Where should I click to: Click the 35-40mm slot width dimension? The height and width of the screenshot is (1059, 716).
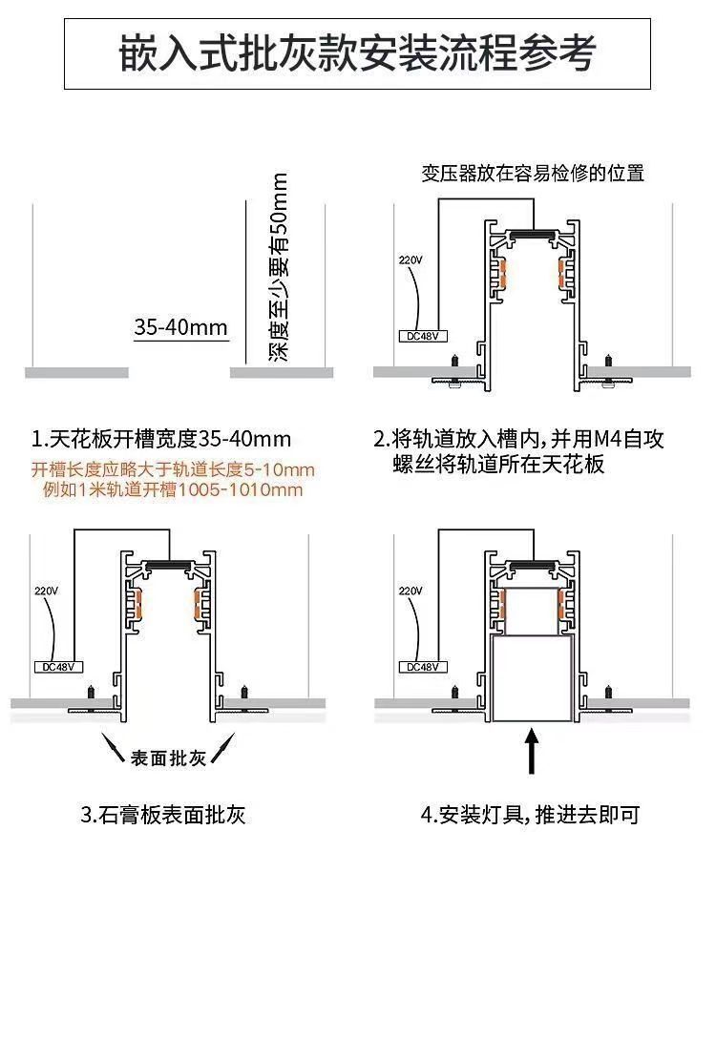[181, 328]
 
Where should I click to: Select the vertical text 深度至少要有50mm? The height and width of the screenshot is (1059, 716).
[279, 266]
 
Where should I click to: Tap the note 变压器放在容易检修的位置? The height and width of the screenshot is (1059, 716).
[533, 174]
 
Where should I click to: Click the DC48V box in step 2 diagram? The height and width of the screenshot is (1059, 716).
[418, 336]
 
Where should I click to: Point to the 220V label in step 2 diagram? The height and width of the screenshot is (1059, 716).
[410, 260]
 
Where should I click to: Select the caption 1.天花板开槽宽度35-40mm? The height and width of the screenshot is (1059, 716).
[161, 440]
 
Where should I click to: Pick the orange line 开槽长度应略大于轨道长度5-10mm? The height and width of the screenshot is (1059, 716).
[173, 470]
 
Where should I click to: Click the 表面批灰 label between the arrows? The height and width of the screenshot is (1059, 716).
[168, 759]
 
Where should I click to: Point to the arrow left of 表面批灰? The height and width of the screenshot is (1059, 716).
[116, 750]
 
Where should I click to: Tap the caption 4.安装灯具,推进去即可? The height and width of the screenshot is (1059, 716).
[530, 815]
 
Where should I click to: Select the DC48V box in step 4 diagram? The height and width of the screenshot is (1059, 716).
[418, 667]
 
